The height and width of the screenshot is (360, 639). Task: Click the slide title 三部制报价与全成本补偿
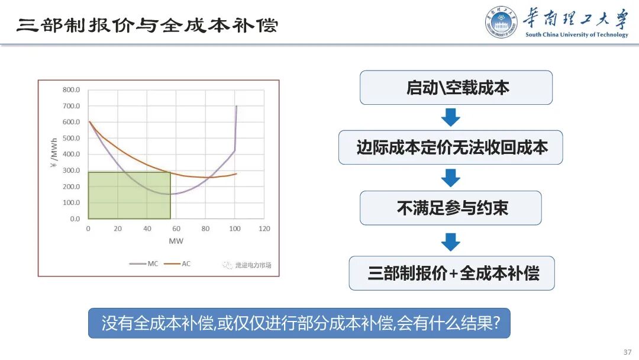point(147,25)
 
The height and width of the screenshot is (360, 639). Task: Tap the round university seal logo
point(501,22)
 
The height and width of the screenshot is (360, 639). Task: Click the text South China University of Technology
point(576,35)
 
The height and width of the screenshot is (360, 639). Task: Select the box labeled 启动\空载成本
point(456,88)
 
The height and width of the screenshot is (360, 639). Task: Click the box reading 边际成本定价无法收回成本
point(451,147)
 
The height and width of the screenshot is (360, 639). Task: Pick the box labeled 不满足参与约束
point(451,208)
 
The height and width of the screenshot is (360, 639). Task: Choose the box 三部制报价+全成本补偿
point(452,273)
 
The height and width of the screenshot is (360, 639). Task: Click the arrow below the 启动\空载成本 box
point(451,117)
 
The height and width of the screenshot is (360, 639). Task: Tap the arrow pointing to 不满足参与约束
point(451,178)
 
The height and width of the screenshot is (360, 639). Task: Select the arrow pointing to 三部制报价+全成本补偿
point(451,241)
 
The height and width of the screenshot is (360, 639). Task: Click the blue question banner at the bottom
point(299,323)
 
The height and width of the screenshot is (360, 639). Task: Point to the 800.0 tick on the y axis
point(71,90)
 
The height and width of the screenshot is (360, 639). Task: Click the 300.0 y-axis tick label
point(71,171)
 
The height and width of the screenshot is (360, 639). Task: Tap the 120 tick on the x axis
point(264,229)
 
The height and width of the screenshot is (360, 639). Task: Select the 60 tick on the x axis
point(176,229)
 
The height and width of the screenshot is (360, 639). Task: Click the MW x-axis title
point(176,241)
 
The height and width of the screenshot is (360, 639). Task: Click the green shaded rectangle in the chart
point(129,195)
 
